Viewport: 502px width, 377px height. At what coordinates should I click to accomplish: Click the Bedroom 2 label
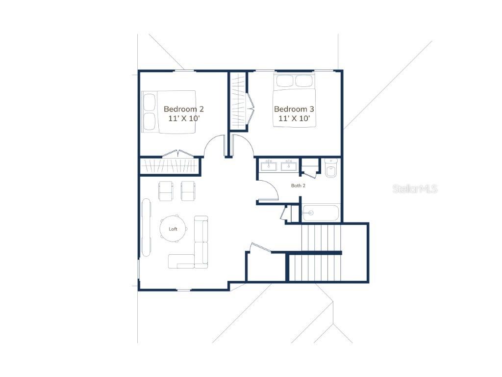tap(184, 109)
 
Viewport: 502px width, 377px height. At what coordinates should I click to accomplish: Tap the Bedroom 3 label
tap(294, 109)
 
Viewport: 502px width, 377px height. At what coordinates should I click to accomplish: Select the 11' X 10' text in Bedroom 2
tap(184, 118)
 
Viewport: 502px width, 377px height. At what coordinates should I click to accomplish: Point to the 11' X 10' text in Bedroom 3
tap(294, 118)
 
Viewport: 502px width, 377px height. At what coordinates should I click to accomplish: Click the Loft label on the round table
tap(173, 229)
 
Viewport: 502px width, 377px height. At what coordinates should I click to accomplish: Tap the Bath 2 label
tap(298, 186)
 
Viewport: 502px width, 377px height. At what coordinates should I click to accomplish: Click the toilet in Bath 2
tap(331, 168)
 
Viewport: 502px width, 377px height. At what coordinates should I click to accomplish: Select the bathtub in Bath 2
tap(321, 213)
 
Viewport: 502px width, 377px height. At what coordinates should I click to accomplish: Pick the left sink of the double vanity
tap(268, 166)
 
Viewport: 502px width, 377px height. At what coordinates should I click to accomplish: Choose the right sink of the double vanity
tap(289, 166)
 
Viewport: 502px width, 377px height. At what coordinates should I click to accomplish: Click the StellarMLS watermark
tap(415, 189)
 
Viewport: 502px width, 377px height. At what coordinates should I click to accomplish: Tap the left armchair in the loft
tap(166, 191)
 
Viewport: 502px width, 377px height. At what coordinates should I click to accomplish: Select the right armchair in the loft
tap(188, 191)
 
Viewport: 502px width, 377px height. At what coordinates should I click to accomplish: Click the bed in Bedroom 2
tap(169, 112)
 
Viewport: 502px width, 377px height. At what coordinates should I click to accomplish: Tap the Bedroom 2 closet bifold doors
tap(178, 153)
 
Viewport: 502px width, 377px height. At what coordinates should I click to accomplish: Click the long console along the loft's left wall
tap(146, 227)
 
